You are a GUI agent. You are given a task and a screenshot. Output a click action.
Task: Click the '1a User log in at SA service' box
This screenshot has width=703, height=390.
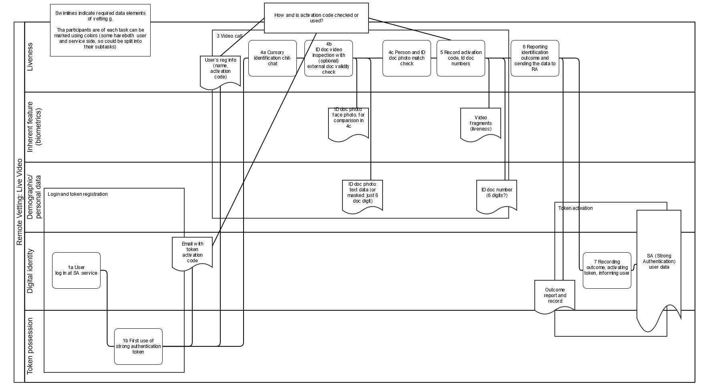tap(76, 270)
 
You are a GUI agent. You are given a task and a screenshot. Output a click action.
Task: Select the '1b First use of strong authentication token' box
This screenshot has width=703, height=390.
tap(138, 346)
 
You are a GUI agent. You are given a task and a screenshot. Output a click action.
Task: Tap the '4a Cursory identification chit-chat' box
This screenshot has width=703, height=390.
tap(272, 58)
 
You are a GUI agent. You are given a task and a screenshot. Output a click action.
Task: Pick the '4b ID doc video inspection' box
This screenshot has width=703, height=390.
tap(328, 58)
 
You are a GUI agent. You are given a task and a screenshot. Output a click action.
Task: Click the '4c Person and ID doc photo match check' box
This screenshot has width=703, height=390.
tap(407, 58)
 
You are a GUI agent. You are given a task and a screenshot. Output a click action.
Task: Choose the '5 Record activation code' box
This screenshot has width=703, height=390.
tap(461, 58)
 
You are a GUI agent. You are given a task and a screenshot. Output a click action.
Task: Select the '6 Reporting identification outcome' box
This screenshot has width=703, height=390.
tap(535, 58)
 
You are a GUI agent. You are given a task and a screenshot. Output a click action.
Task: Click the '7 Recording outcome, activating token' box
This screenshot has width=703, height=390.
tap(607, 270)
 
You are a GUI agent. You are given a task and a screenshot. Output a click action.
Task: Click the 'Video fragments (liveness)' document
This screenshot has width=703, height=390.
tap(481, 124)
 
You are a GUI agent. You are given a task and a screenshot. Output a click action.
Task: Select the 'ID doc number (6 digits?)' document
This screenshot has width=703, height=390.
tap(497, 196)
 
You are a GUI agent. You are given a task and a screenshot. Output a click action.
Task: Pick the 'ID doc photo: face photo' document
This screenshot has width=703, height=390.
tap(348, 124)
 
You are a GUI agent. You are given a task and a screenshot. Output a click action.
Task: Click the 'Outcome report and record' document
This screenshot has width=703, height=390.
tap(555, 296)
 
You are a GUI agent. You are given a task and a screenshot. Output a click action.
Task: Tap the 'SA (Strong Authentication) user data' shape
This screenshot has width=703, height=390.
tap(659, 268)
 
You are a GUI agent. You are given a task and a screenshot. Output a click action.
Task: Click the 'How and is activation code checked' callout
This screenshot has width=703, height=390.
tap(316, 18)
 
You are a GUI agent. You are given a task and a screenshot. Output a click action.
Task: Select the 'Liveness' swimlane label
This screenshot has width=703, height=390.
tap(30, 57)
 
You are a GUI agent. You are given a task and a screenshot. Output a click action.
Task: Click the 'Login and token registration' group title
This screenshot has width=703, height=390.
tap(78, 194)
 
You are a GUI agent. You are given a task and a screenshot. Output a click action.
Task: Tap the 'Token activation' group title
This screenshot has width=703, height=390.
tap(575, 208)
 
